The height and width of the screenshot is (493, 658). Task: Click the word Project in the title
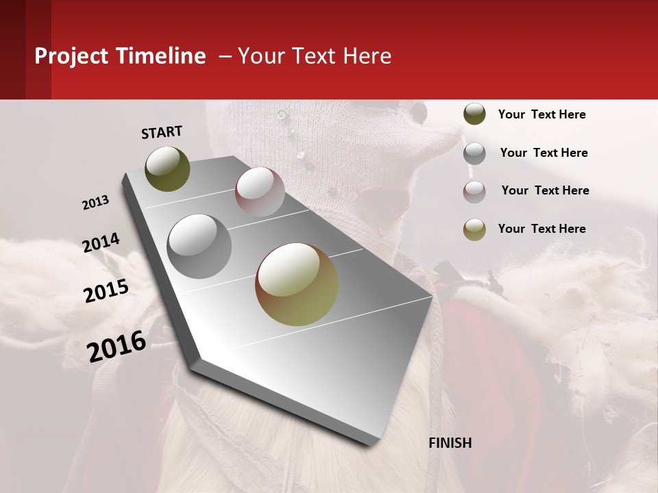point(71,56)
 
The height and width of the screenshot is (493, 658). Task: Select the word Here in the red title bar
point(367,56)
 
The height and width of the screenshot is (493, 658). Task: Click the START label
point(162,132)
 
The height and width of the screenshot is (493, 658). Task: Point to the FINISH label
point(450,443)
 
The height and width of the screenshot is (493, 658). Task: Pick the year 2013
point(96,203)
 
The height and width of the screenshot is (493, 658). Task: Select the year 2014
point(101,243)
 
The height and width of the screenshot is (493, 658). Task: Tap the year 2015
point(106,290)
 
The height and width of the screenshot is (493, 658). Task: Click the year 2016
point(117,346)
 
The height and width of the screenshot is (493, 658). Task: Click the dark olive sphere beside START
point(168,168)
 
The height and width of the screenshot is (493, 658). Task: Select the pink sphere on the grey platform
point(260,192)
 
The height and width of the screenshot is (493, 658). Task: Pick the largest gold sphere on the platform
point(297,284)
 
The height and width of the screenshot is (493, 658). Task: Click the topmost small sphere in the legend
point(474,114)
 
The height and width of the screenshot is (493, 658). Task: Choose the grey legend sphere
point(474,153)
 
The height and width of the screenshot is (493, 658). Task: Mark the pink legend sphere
point(474,192)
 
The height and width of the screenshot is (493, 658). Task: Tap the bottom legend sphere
point(474,229)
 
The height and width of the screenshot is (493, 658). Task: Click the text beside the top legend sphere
point(541,115)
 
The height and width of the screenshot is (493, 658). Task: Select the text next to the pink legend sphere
point(545,190)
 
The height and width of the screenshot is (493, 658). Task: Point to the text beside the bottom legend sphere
point(541,229)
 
